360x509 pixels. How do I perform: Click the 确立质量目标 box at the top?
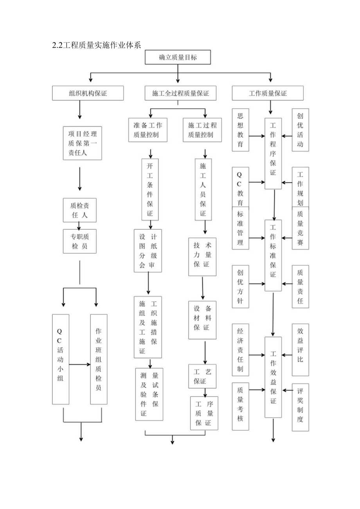pos(178,58)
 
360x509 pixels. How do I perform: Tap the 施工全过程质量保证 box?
pos(180,94)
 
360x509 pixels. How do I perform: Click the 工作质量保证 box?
pos(268,94)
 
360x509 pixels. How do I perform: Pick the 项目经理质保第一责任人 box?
pos(83,143)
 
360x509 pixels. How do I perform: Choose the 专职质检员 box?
pos(79,241)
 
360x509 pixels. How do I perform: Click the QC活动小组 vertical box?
pos(61,359)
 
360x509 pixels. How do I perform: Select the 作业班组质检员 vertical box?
pos(99,359)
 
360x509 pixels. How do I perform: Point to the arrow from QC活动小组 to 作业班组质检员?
pos(79,364)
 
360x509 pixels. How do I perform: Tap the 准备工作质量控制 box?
pos(148,130)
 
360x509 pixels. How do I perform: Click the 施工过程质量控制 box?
pos(202,130)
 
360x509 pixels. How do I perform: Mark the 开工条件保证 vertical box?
pos(150,189)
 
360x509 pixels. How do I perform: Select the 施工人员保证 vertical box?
pos(203,189)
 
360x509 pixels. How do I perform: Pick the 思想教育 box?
pos(240,130)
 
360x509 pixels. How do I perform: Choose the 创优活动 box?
pos(300,130)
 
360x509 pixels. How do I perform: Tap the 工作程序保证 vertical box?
pos(273,153)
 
